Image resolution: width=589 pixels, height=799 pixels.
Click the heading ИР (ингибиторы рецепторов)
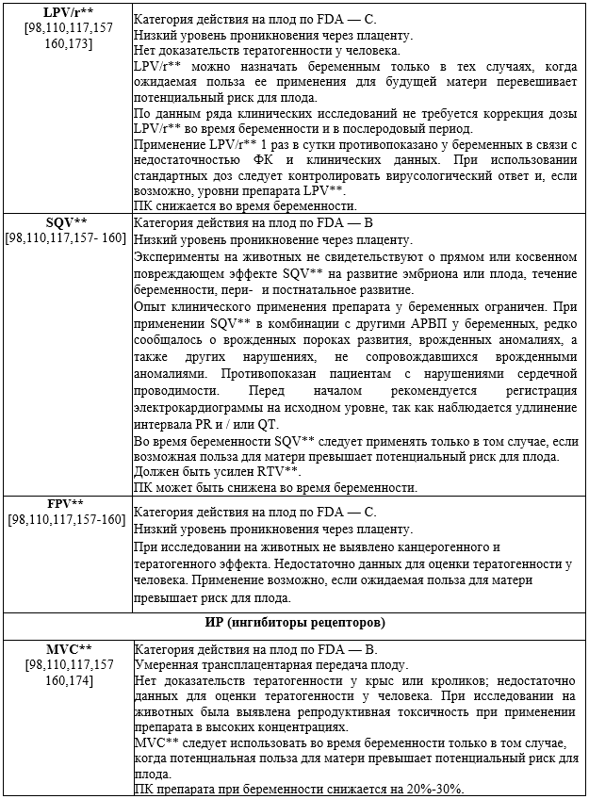[x=295, y=623]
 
